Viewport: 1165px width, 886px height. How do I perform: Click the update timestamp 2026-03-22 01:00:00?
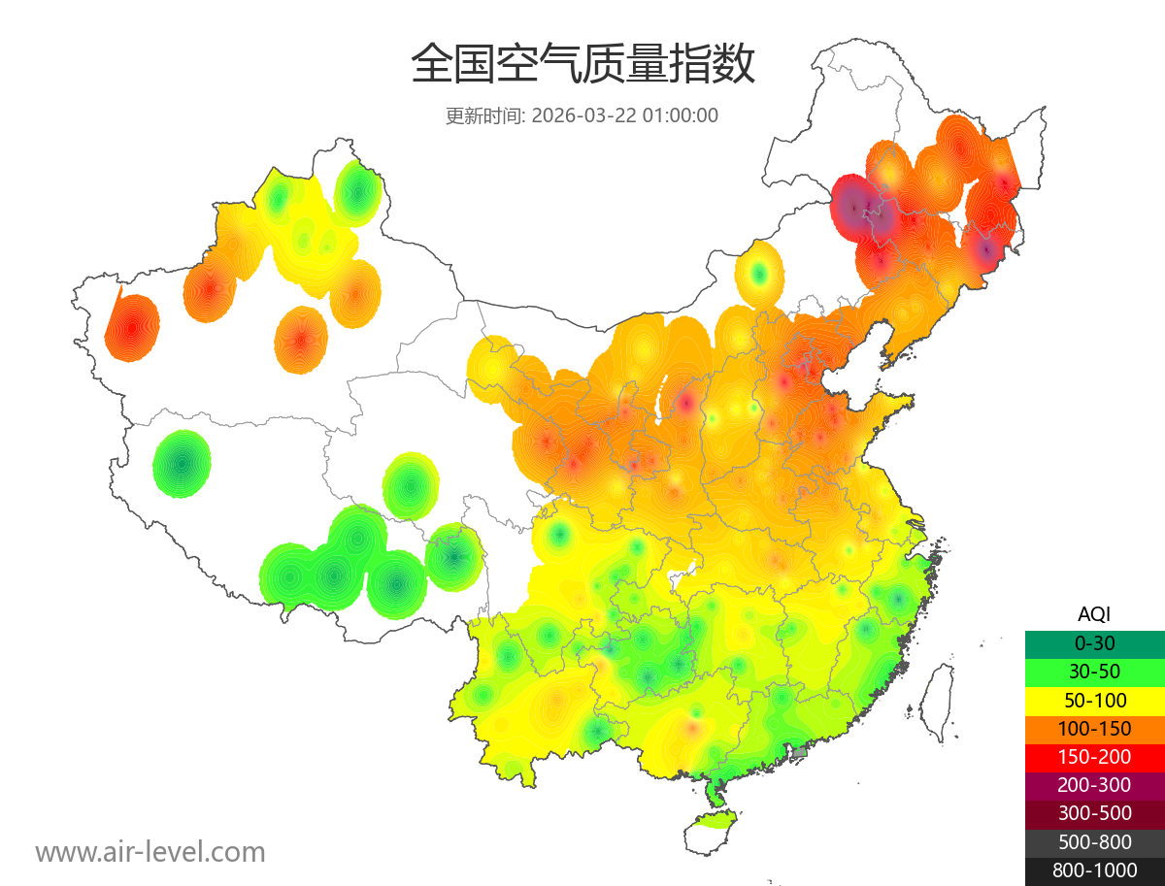[625, 115]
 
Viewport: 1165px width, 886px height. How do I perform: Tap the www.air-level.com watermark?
[150, 852]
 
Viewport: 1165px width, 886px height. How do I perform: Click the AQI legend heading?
[1094, 613]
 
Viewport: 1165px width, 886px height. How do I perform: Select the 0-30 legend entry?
[1094, 643]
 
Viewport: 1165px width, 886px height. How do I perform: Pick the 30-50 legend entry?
[1094, 672]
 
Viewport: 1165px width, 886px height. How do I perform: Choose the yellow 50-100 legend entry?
[1094, 700]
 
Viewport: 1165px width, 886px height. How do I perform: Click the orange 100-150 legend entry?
[1094, 728]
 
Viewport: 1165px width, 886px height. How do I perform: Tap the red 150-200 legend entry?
[1094, 757]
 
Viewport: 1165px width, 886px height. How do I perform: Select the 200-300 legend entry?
[1094, 785]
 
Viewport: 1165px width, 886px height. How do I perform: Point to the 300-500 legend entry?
[1094, 813]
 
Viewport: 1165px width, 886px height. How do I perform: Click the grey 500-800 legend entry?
[1094, 841]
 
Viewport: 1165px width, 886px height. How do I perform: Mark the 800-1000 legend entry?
[1094, 870]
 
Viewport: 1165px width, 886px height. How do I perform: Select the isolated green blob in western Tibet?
[182, 464]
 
